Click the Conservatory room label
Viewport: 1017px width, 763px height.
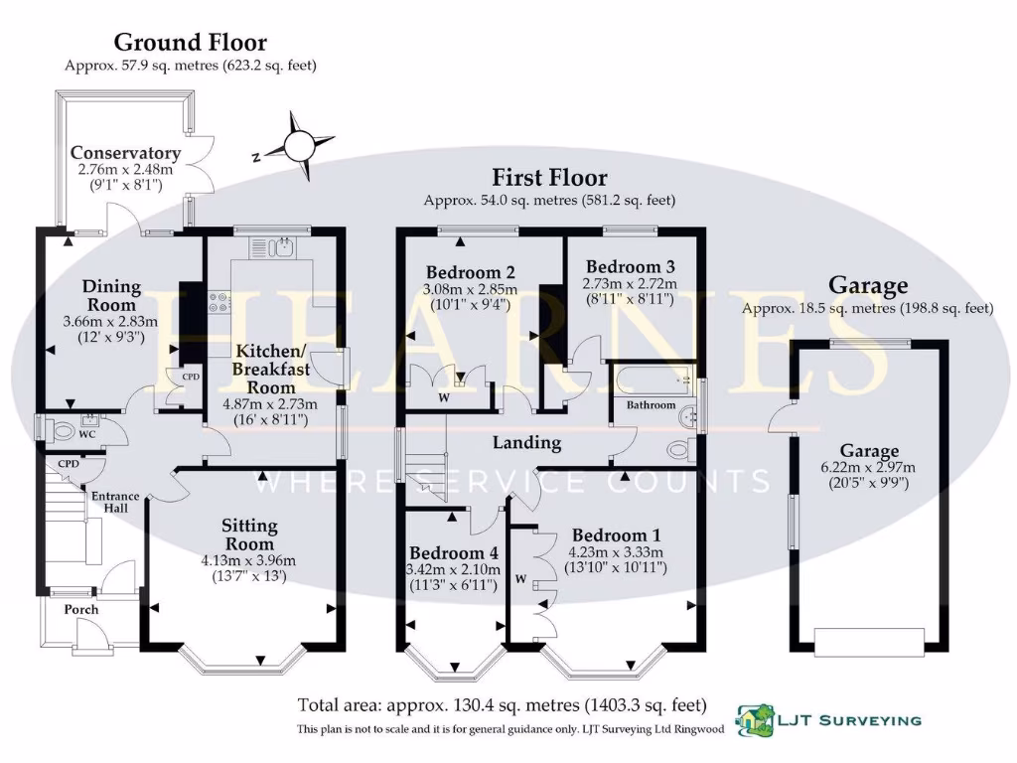pos(125,153)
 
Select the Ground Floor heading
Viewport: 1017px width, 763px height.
pos(190,42)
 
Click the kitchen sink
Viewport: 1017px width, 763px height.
pos(273,246)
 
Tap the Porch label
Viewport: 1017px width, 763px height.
pos(81,609)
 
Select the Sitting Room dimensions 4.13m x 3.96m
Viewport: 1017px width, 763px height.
pos(248,560)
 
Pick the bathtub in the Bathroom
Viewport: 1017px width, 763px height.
pos(651,380)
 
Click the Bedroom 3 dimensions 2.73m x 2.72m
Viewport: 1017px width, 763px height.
pos(631,284)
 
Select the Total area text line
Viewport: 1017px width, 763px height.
pos(503,705)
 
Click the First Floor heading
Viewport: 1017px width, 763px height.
pos(549,178)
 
